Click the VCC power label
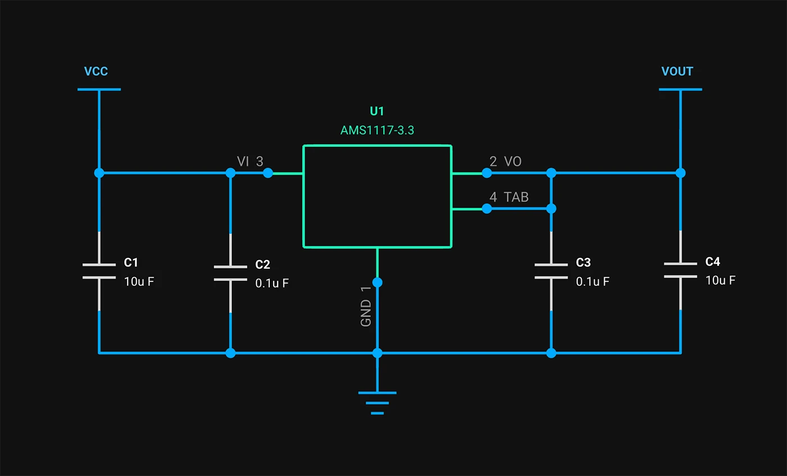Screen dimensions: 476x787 [x=96, y=71]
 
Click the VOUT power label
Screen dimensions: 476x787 [x=677, y=71]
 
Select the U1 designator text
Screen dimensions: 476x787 [x=377, y=111]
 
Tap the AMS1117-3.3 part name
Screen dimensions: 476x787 [x=377, y=130]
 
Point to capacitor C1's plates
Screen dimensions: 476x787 [x=99, y=270]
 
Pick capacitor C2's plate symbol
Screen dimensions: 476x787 [x=230, y=273]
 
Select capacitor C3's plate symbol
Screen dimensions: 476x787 [x=551, y=270]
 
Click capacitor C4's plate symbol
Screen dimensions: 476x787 [x=680, y=270]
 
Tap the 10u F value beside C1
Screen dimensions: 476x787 [x=139, y=282]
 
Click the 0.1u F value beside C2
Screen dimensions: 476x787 [x=272, y=283]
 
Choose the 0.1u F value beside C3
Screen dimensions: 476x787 [x=592, y=282]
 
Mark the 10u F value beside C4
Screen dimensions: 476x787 [x=721, y=280]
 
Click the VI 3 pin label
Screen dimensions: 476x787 [x=250, y=162]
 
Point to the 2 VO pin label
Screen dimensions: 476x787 [x=505, y=162]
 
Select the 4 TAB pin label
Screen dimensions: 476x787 [x=509, y=197]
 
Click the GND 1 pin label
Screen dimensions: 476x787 [x=366, y=306]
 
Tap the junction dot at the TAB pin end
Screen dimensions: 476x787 [x=487, y=208]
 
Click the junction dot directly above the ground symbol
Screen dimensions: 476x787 [x=377, y=353]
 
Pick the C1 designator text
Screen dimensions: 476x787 [x=131, y=262]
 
